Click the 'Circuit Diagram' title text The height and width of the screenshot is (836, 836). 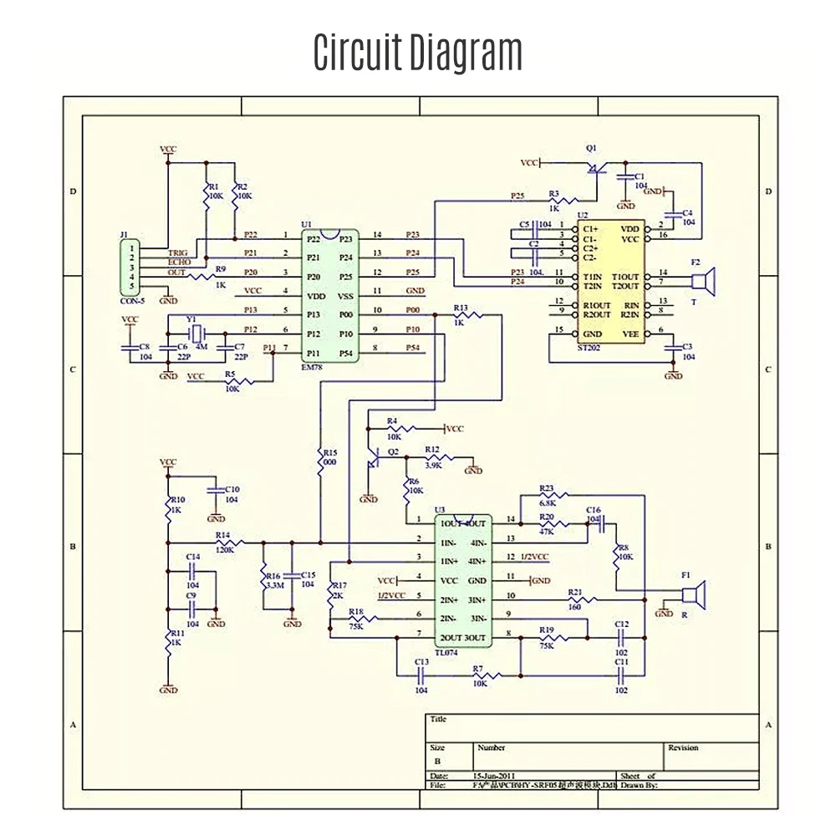[x=417, y=52]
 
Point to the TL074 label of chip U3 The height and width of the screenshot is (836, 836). [x=447, y=647]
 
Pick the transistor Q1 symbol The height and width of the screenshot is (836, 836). [x=594, y=167]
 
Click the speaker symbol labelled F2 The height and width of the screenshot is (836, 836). [x=708, y=282]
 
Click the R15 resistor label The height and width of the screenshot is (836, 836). [x=329, y=451]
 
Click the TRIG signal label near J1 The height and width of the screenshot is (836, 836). [x=179, y=252]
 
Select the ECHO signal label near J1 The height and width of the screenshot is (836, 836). [x=179, y=262]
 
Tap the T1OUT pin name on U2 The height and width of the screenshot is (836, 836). [x=624, y=277]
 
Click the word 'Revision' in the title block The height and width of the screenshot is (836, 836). [x=683, y=747]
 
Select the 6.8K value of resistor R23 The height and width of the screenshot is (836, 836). [x=548, y=502]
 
